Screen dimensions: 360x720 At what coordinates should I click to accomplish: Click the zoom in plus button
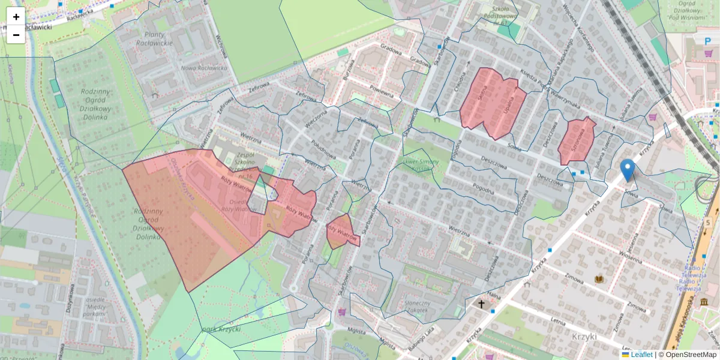[x=16, y=17]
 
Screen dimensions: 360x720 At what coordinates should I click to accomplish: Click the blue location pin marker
[x=628, y=170]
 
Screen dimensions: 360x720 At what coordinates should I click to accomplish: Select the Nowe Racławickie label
[x=204, y=68]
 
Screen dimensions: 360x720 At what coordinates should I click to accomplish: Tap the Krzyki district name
[x=586, y=337]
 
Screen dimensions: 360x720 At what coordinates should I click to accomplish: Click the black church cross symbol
[x=481, y=304]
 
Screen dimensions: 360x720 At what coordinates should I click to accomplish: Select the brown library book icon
[x=599, y=279]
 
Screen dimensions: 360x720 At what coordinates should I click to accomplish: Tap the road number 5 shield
[x=708, y=223]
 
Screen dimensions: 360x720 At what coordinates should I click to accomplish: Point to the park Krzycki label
[x=222, y=330]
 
